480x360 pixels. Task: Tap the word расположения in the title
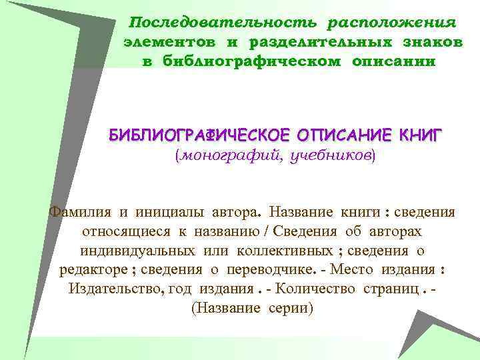click(391, 23)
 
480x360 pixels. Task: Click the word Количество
click(317, 290)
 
